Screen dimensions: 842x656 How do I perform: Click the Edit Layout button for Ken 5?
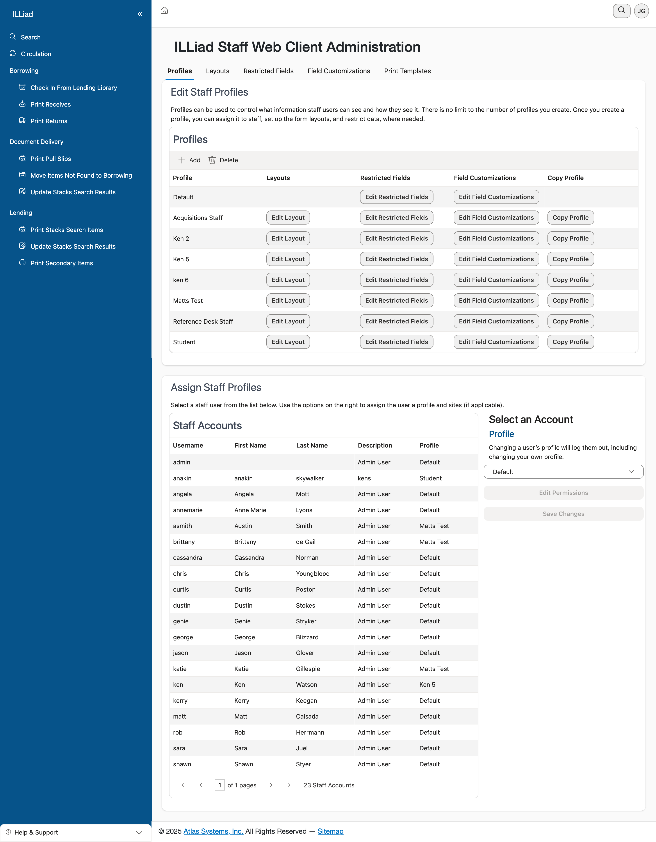point(288,259)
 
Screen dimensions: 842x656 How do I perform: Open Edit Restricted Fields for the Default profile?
point(396,197)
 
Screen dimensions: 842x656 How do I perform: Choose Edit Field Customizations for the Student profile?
point(496,342)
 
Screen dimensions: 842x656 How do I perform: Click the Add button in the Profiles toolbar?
point(189,160)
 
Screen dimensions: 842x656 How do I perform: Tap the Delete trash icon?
point(212,160)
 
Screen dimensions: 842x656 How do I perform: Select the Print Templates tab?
point(407,71)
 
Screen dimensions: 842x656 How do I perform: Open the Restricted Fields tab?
point(268,71)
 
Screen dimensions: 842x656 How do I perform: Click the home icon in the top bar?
point(164,10)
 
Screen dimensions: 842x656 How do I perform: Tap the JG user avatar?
point(641,11)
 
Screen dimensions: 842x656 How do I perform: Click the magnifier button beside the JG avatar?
point(621,10)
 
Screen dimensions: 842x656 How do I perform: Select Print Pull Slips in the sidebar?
point(50,159)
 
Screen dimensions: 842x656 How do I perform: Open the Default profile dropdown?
point(563,472)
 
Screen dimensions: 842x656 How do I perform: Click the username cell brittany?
point(184,542)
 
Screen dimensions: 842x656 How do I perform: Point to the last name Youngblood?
point(313,574)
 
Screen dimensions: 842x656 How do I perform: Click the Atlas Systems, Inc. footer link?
point(213,831)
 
